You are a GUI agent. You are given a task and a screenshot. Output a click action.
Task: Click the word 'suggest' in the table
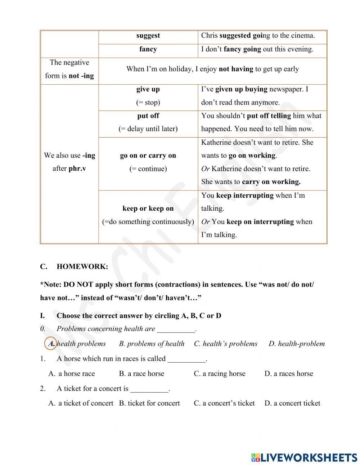(x=148, y=36)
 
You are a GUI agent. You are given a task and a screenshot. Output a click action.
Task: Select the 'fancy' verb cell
(x=148, y=49)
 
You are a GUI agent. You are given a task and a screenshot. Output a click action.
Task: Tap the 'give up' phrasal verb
(x=148, y=89)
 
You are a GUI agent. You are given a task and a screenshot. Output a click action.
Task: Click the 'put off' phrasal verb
(x=148, y=116)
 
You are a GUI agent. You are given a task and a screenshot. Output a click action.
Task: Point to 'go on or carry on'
(x=148, y=156)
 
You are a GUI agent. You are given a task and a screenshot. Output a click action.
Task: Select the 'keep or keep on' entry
(x=148, y=209)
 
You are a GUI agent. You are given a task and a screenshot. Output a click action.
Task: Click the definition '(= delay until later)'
(x=148, y=129)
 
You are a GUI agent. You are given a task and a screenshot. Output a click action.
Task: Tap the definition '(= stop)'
(x=148, y=103)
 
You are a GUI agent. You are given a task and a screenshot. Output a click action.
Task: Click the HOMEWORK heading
(x=82, y=267)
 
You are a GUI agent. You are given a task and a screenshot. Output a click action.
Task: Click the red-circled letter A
(x=51, y=344)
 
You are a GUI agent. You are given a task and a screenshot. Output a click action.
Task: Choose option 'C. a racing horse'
(x=219, y=374)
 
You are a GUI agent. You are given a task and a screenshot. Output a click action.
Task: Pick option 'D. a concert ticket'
(x=292, y=403)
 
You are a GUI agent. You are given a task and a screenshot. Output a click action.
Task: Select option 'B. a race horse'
(x=141, y=374)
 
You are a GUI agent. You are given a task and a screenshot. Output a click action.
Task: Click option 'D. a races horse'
(x=288, y=374)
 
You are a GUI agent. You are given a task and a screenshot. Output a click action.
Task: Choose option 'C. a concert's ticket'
(x=224, y=403)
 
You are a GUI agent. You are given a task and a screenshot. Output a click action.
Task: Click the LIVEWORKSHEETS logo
(x=304, y=457)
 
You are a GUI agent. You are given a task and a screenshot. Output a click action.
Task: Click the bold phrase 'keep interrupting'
(x=245, y=196)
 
